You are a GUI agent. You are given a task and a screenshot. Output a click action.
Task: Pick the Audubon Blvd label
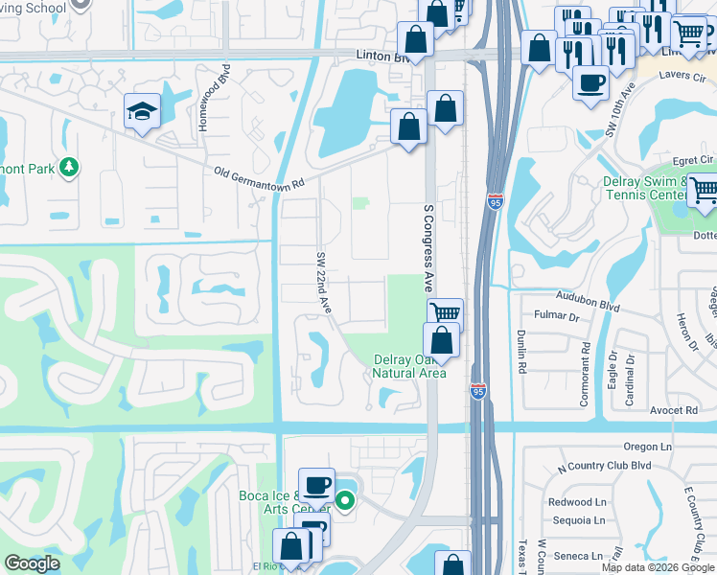[588, 302]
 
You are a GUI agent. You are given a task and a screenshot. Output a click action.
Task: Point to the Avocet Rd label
[679, 410]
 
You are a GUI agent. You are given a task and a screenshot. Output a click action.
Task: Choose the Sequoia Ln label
[579, 520]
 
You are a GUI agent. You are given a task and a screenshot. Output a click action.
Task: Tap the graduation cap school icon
[142, 111]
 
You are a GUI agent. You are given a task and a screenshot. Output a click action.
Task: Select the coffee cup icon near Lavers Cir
[591, 83]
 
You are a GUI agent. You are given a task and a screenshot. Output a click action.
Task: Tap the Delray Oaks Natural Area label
[409, 366]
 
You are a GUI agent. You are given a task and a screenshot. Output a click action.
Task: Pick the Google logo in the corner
[32, 563]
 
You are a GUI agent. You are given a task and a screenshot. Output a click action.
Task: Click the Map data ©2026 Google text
[658, 567]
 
